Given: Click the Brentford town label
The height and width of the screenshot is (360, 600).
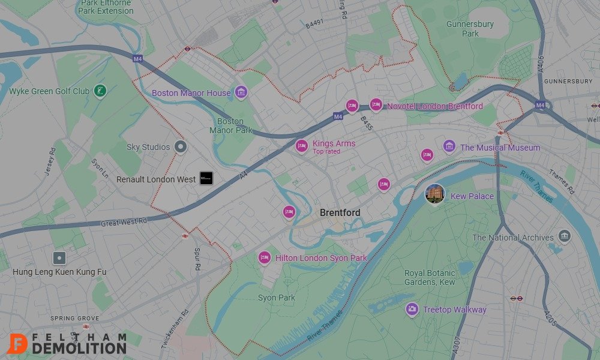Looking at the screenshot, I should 340,213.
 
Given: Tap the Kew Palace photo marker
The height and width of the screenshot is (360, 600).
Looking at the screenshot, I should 434,194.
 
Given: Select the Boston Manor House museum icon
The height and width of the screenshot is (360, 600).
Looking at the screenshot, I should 241,92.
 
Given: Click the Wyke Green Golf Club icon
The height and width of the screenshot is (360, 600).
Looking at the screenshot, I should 101,91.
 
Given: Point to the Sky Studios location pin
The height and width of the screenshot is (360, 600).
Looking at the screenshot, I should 180,146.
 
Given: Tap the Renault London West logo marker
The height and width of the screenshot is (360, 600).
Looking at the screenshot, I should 206,178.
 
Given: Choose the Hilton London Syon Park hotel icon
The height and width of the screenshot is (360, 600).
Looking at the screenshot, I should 265,258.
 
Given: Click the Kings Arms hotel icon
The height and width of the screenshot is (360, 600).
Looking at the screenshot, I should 301,146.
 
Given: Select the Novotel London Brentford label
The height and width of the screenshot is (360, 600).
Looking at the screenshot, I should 434,106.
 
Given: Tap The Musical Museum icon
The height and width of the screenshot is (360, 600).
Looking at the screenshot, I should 449,146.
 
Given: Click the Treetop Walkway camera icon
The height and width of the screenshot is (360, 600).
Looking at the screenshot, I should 412,310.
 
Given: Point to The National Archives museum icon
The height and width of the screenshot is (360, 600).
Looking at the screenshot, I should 564,236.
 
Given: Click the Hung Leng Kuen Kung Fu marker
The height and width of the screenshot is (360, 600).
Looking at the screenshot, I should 59,259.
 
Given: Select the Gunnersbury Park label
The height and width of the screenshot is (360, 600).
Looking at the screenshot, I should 470,29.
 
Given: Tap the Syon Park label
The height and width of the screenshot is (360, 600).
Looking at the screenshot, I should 277,298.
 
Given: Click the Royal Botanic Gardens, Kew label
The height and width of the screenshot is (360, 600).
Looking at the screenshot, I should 430,278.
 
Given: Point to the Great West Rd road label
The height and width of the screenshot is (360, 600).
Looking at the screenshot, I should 124,222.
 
